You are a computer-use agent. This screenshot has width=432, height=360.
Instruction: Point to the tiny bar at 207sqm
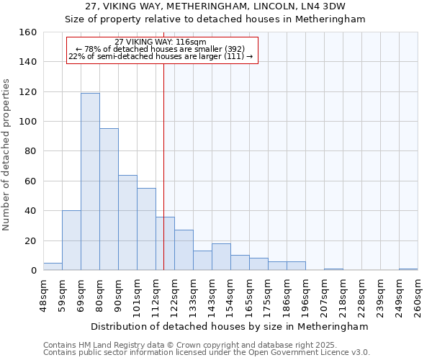(x=333, y=269)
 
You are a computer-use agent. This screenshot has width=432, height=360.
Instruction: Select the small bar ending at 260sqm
(x=408, y=269)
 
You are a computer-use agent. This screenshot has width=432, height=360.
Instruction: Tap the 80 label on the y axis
(x=30, y=151)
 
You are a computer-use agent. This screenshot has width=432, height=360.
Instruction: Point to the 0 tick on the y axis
(x=33, y=271)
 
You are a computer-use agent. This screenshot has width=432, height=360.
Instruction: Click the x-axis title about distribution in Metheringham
(x=230, y=326)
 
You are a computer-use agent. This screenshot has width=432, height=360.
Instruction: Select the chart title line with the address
(x=215, y=6)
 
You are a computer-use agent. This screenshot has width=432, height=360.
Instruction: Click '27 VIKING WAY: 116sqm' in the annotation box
(x=161, y=42)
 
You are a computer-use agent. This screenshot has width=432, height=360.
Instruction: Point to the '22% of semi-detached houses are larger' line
(x=161, y=56)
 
